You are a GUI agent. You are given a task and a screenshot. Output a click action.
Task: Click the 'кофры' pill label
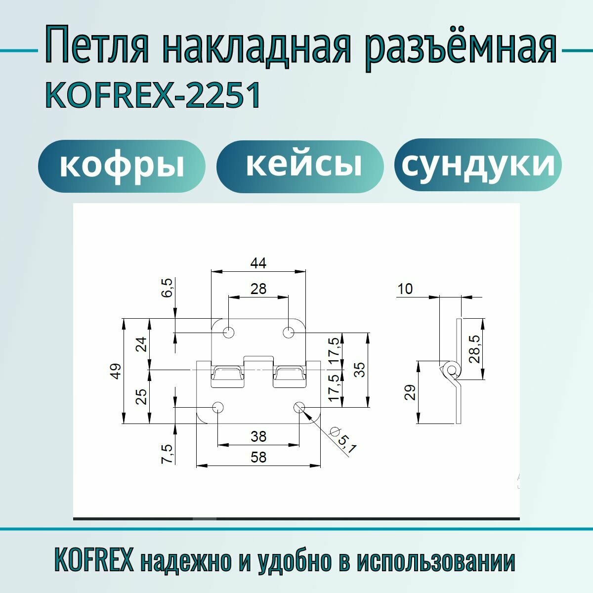122,166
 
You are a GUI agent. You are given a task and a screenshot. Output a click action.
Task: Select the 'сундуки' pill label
478,165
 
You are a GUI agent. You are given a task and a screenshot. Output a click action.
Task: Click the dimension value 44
258,263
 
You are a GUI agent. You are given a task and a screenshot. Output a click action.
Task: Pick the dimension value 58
258,457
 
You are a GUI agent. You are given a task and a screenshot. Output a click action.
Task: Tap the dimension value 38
258,436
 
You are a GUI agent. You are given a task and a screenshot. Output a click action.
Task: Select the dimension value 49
115,371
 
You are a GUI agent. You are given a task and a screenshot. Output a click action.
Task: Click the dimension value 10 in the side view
405,289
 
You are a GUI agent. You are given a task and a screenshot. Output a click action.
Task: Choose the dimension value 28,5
474,349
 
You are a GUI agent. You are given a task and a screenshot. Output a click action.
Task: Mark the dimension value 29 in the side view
410,392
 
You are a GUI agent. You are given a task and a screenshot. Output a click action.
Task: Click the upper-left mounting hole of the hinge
229,332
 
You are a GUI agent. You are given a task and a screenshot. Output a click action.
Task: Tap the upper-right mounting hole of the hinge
289,332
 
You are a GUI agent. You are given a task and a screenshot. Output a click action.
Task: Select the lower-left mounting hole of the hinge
217,407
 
